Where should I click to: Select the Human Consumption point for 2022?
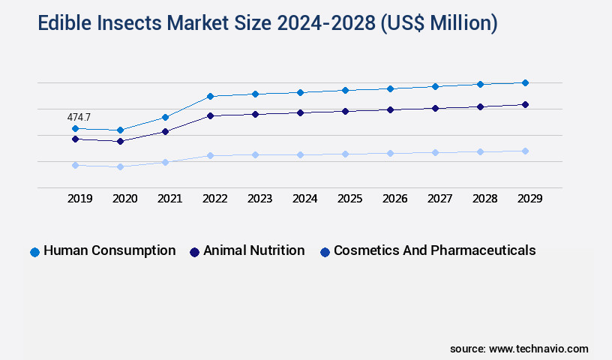coord(210,96)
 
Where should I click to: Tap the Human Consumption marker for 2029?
coord(525,82)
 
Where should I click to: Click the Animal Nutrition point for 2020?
coord(120,141)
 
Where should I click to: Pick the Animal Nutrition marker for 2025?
coord(345,111)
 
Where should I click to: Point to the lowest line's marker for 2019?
coord(75,165)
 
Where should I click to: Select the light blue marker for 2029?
coord(525,151)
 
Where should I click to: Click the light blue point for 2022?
coord(210,155)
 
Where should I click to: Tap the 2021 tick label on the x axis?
coord(169,199)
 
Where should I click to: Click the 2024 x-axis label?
coord(304,199)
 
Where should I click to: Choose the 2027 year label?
coord(439,199)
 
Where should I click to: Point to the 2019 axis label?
coord(79,199)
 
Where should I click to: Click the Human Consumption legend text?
coord(109,250)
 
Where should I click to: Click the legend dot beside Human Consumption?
coord(34,252)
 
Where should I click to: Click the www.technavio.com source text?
coord(538,349)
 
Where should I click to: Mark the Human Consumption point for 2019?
coord(75,128)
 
